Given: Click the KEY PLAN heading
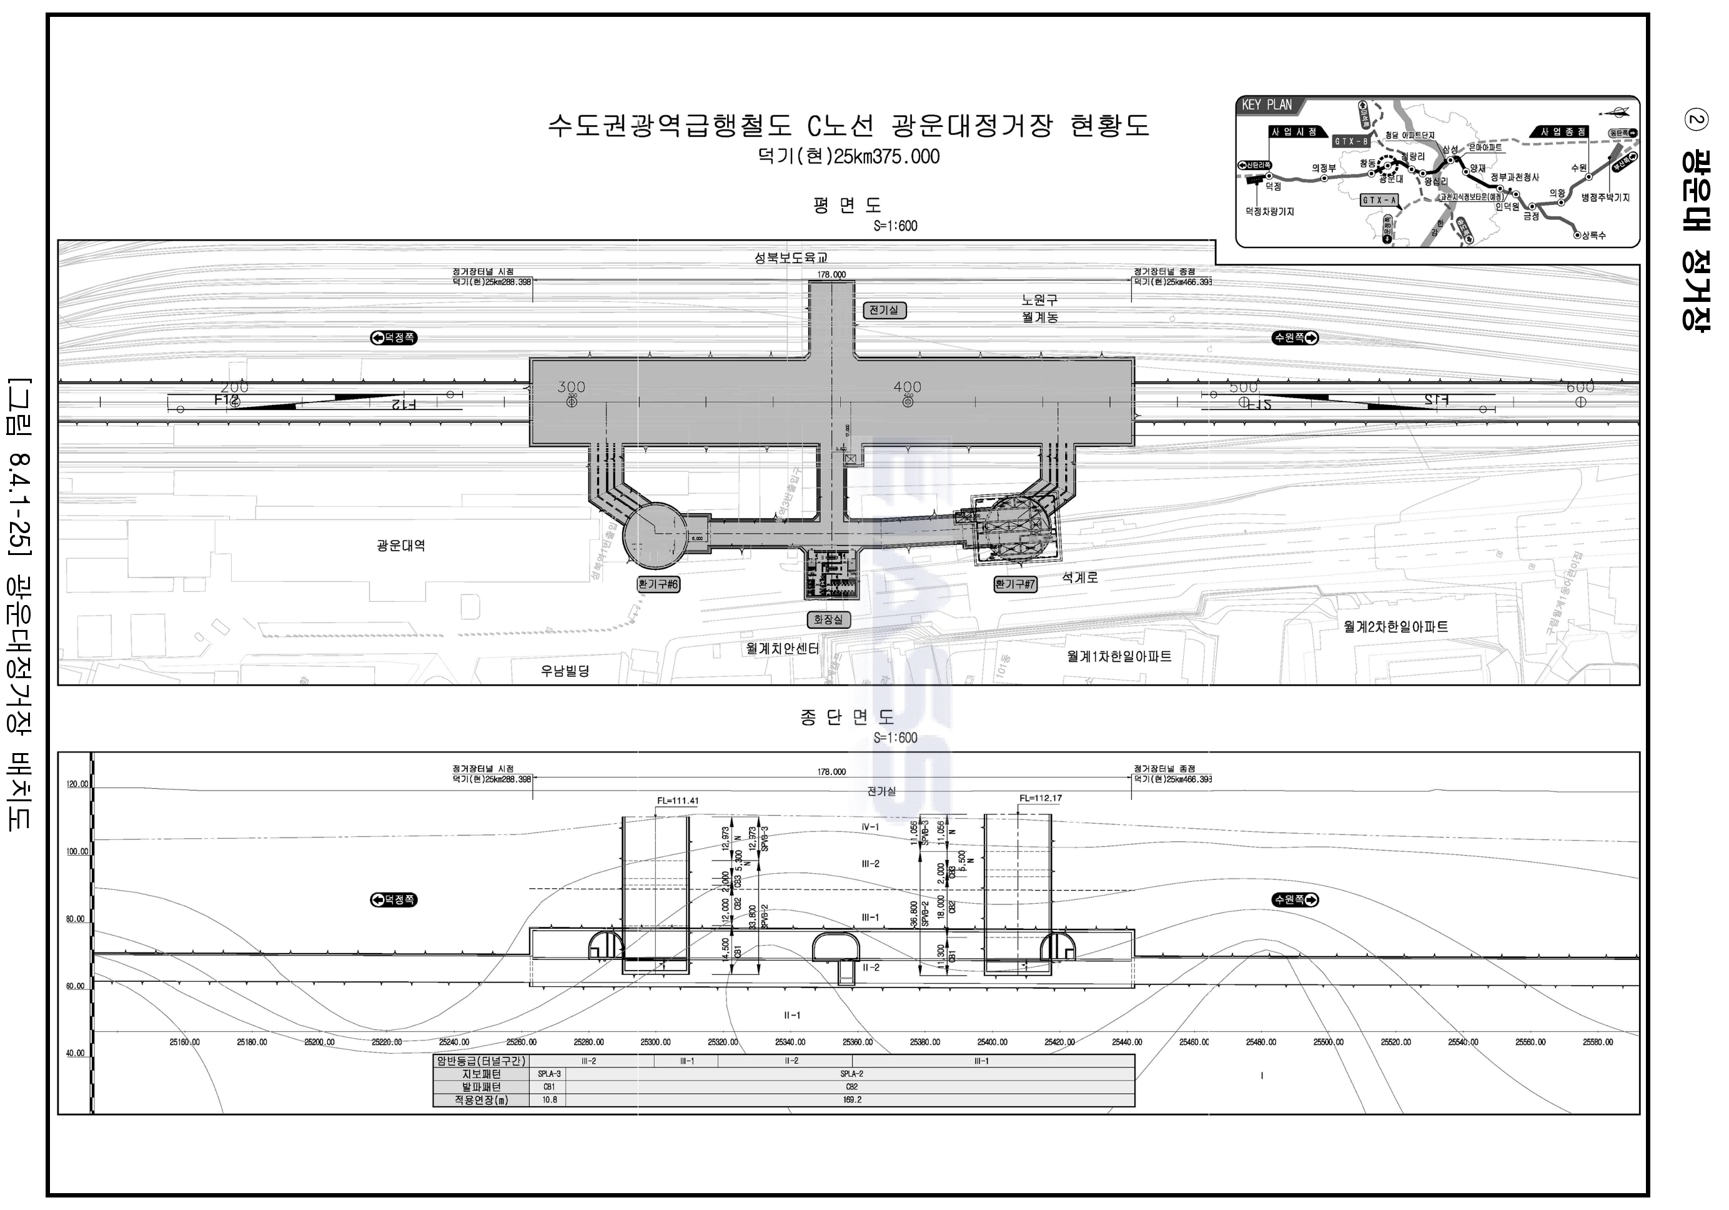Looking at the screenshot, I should tap(1266, 106).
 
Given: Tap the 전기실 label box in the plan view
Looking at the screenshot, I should tap(885, 309).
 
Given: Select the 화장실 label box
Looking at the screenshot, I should tap(828, 619).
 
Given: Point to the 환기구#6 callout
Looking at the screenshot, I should tap(658, 584).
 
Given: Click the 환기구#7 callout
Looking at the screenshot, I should tap(1015, 584).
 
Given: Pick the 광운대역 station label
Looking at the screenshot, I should tap(400, 546).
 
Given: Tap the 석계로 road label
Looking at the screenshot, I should tap(1080, 578).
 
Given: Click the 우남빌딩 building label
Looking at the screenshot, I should tap(565, 670).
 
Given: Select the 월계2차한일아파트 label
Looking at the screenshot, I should tap(1395, 626).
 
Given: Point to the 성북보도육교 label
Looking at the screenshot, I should tap(791, 257).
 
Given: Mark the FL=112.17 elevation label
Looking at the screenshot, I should tap(1040, 798).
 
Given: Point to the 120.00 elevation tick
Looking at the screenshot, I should tap(77, 784).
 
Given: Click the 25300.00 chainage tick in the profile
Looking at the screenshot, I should tap(655, 1042).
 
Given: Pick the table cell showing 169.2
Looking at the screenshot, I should tap(852, 1100).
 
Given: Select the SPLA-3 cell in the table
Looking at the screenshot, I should tap(549, 1074).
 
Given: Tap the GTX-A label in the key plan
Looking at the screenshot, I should tap(1380, 201).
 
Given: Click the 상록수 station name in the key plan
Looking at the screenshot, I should tap(1593, 235).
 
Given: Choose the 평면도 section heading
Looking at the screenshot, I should tap(846, 205).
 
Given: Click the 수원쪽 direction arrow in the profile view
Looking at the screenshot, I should tap(1296, 899).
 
